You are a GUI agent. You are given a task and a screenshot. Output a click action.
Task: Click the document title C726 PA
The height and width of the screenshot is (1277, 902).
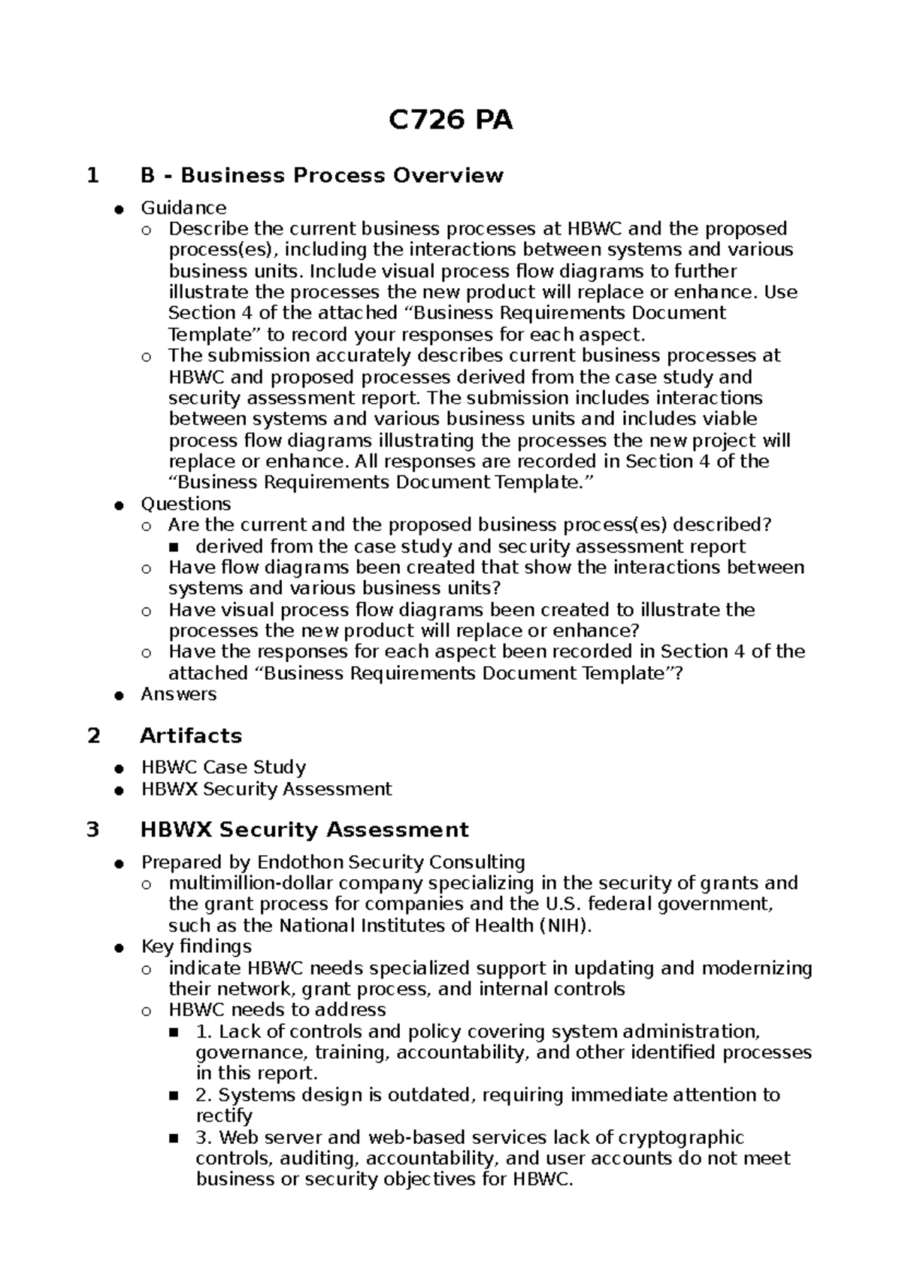(x=450, y=120)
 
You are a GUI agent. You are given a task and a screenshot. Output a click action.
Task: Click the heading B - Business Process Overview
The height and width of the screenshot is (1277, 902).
(x=322, y=175)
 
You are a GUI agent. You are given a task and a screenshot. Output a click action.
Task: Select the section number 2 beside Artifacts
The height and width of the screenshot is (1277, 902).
(x=93, y=736)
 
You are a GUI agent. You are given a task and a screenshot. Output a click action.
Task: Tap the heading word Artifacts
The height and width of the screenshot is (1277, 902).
(x=191, y=736)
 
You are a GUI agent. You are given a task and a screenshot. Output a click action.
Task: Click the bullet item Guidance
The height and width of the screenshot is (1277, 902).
(x=183, y=208)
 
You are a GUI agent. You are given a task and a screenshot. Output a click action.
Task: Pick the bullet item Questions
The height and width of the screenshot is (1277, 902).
(x=186, y=504)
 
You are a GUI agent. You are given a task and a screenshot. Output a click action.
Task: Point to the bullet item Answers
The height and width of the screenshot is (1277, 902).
(x=178, y=694)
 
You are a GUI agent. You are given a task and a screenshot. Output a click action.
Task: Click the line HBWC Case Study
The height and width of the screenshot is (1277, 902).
(x=223, y=768)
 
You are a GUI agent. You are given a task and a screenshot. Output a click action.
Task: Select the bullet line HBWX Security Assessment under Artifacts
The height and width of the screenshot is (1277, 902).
(x=266, y=789)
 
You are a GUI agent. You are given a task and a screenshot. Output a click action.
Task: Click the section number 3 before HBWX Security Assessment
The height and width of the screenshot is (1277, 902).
(x=93, y=830)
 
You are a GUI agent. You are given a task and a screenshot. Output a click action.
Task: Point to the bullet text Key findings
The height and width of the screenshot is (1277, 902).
(x=196, y=946)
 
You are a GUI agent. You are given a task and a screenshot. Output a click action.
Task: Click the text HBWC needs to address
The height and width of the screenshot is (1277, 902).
(x=277, y=1010)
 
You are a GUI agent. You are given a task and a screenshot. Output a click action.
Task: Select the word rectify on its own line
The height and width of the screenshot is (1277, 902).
(x=224, y=1116)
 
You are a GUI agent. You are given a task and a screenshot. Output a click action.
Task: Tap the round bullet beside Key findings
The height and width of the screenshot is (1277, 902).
(x=119, y=948)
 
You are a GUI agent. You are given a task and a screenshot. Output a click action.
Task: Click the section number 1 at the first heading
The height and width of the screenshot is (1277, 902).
(x=93, y=176)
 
